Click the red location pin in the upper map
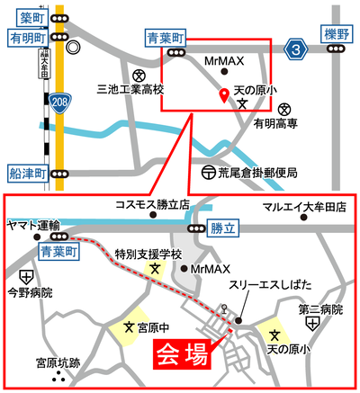(x=223, y=95)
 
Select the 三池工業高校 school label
(x=131, y=90)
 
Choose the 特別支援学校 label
(x=148, y=255)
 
